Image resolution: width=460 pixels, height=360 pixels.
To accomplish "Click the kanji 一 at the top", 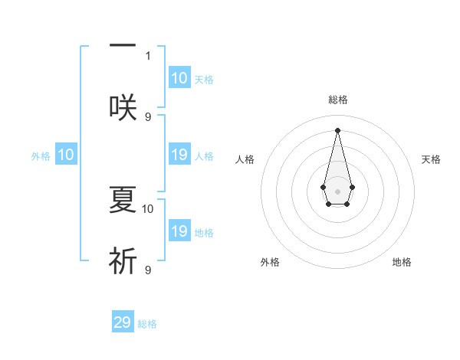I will pos(123,46).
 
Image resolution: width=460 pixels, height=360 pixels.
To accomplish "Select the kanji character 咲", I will pos(123,107).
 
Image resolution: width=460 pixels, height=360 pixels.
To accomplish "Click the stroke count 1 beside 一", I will pos(148,55).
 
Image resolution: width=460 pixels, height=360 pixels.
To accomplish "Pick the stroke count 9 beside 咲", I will pos(148,116).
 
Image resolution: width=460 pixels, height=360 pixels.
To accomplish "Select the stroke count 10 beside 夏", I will pos(148,208).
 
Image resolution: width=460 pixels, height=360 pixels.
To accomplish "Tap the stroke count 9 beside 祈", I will pos(148,270).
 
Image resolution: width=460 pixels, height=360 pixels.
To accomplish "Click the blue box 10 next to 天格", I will pos(179,78).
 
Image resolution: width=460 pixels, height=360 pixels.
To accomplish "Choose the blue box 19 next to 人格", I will pos(179,155).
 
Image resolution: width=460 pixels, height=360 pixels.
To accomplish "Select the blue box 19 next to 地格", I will pos(179,231).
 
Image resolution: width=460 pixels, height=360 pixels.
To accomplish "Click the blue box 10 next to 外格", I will pos(66,155).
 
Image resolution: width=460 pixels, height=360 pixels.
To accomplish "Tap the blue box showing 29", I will pos(123,322).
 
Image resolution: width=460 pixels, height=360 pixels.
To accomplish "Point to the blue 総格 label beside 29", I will pos(147,324).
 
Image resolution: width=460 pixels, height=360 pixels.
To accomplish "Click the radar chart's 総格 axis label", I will pos(337,100).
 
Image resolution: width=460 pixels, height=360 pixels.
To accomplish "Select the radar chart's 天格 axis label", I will pos(431,159).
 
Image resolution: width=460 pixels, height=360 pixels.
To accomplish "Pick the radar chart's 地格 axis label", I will pos(402,262).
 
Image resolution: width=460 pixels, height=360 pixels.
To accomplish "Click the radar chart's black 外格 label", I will pos(270,262).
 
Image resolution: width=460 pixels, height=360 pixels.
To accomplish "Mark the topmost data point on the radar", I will pos(337,129).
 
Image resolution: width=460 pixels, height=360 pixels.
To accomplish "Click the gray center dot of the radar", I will pos(337,190).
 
